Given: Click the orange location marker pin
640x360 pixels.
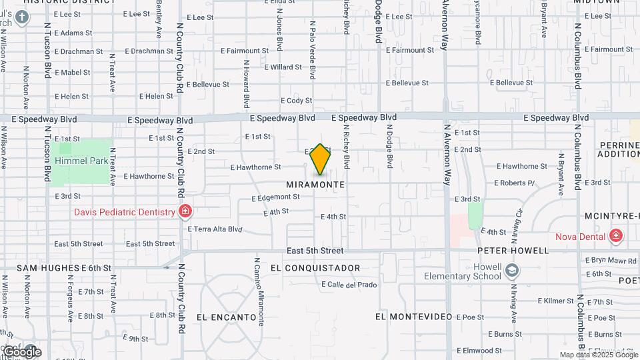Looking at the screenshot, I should click(320, 159).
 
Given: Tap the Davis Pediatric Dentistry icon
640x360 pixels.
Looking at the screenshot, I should click(185, 213).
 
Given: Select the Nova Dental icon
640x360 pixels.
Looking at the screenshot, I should click(616, 236).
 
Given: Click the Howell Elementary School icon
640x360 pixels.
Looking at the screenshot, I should click(511, 270).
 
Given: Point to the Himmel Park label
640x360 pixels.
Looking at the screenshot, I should click(82, 161).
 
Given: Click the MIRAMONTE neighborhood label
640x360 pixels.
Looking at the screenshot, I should click(315, 184).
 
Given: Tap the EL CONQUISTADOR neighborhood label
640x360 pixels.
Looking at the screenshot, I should click(315, 268).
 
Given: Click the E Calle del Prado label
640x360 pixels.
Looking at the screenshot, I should click(349, 285).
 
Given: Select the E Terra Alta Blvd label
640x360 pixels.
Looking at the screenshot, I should click(215, 229).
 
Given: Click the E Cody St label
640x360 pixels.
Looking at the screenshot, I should click(297, 101).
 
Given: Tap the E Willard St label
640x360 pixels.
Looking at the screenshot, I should click(283, 67).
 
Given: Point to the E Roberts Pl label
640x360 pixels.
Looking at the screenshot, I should click(515, 183).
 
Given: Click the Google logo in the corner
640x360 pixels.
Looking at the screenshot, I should click(21, 351).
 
